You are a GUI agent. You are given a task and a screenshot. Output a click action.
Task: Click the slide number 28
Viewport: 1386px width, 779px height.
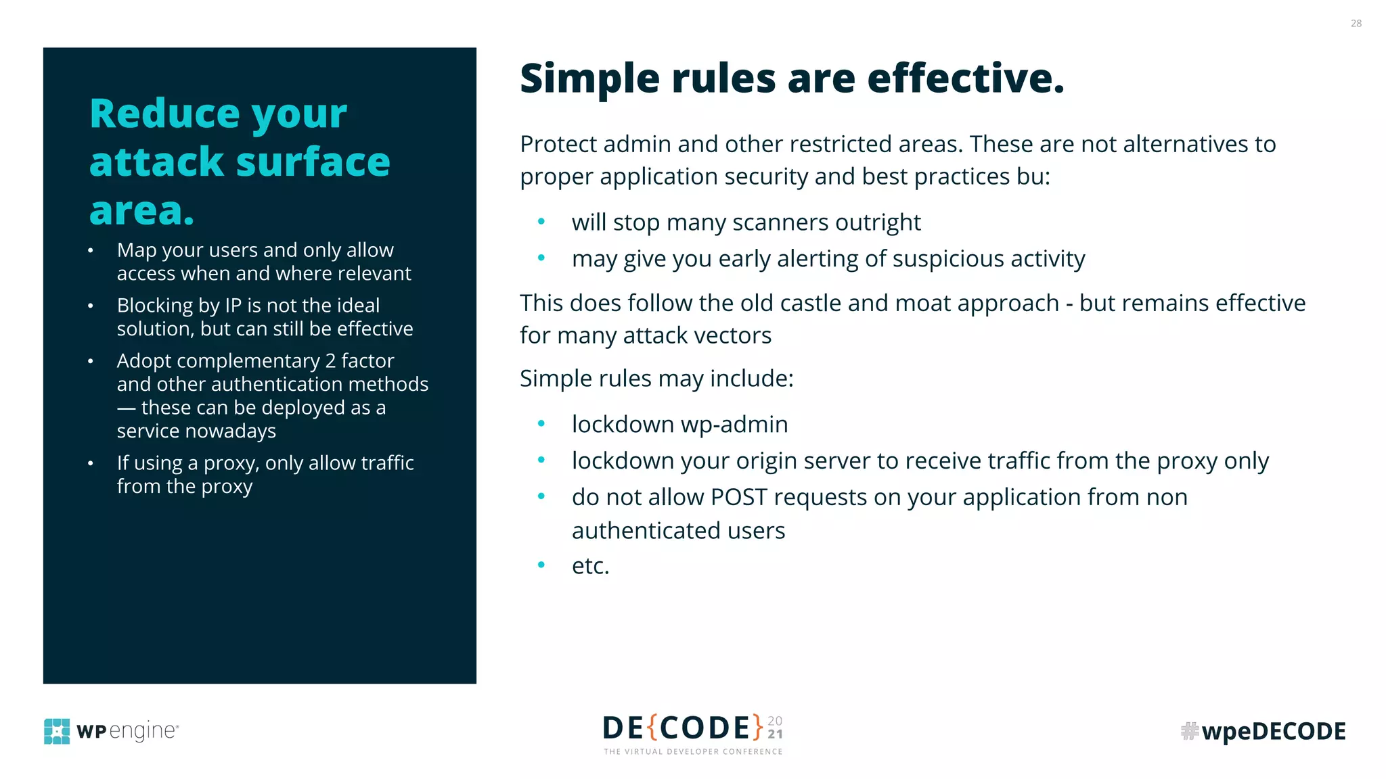click(x=1356, y=24)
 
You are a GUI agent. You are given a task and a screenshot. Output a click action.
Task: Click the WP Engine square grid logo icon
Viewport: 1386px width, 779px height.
click(x=57, y=731)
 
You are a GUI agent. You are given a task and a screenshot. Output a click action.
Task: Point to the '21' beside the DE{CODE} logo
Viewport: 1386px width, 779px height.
click(x=776, y=734)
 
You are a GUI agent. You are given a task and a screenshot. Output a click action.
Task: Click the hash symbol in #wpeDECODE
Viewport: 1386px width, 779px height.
click(x=1189, y=731)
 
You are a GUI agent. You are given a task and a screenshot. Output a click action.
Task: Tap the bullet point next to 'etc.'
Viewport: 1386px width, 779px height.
click(x=541, y=565)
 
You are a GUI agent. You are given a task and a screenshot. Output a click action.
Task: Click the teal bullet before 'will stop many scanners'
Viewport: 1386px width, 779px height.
click(x=541, y=221)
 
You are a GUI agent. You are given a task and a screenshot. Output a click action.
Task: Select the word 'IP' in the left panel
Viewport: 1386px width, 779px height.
click(x=233, y=306)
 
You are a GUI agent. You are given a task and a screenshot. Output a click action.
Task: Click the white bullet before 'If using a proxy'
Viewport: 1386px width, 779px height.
click(x=91, y=464)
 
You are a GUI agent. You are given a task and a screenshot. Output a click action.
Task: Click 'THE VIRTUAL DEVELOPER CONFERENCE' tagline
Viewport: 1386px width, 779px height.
click(x=693, y=752)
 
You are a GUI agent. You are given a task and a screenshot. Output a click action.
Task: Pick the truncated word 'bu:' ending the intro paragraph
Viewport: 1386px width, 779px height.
click(x=1033, y=176)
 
